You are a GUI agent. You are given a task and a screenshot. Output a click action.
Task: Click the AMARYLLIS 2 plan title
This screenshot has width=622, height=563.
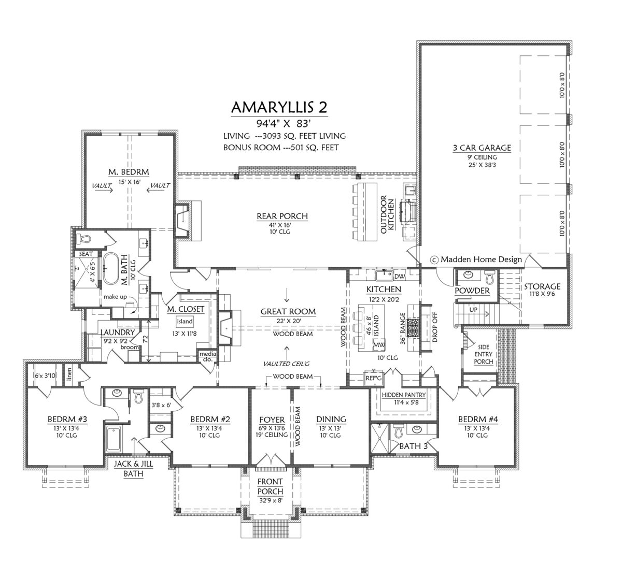click(279, 107)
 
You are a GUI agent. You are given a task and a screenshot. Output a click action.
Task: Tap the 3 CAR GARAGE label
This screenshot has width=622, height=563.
click(482, 148)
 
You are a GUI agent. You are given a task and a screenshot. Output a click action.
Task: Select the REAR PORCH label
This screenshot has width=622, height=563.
click(282, 216)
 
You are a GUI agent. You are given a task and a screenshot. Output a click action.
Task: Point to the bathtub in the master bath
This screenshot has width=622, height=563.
click(110, 269)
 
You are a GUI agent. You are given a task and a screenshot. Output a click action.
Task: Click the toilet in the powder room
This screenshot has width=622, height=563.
click(490, 278)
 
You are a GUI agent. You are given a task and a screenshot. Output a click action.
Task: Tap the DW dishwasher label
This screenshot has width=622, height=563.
click(400, 277)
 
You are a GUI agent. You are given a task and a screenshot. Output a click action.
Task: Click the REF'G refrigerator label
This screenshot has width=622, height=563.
click(373, 378)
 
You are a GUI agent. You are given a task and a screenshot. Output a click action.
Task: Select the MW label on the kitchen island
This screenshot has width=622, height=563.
click(379, 344)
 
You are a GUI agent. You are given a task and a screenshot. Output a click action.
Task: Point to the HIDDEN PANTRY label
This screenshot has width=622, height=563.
click(404, 395)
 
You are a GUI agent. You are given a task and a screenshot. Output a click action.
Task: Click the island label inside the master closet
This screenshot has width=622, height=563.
click(185, 321)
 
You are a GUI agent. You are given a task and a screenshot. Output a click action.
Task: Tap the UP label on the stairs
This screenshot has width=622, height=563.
click(473, 310)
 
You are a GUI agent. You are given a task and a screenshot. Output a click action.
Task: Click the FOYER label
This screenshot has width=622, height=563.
click(272, 420)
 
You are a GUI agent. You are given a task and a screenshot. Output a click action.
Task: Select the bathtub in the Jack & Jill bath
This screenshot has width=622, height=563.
click(113, 439)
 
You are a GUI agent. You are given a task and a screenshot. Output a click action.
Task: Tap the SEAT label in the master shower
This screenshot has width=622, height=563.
click(86, 254)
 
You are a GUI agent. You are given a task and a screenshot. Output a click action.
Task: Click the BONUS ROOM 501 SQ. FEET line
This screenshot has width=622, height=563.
click(281, 148)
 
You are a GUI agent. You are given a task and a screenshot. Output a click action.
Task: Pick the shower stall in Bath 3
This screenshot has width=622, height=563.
click(380, 439)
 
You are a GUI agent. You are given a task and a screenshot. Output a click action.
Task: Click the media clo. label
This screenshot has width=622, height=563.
click(208, 356)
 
